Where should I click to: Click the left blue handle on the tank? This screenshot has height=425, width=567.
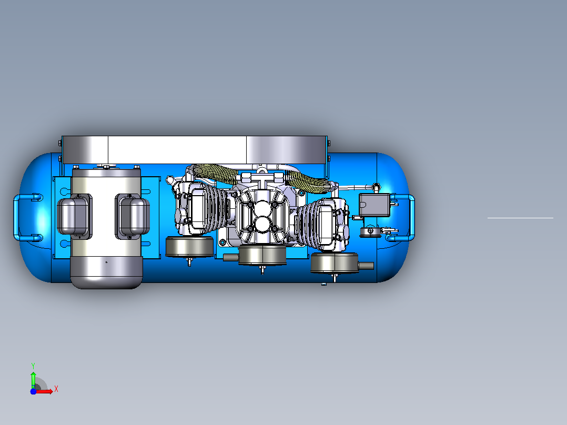click(15, 217)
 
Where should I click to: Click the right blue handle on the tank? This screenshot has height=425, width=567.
click(412, 217)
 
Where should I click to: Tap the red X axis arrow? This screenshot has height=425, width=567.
click(45, 391)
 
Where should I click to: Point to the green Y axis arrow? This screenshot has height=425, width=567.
click(33, 380)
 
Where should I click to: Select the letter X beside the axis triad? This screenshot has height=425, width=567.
click(56, 389)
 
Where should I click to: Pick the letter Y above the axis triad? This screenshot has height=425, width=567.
click(33, 366)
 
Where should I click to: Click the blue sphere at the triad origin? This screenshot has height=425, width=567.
click(33, 392)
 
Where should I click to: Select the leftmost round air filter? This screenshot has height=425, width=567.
click(189, 247)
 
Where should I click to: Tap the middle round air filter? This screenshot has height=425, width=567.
click(262, 255)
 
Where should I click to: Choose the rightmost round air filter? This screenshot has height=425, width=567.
click(335, 263)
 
